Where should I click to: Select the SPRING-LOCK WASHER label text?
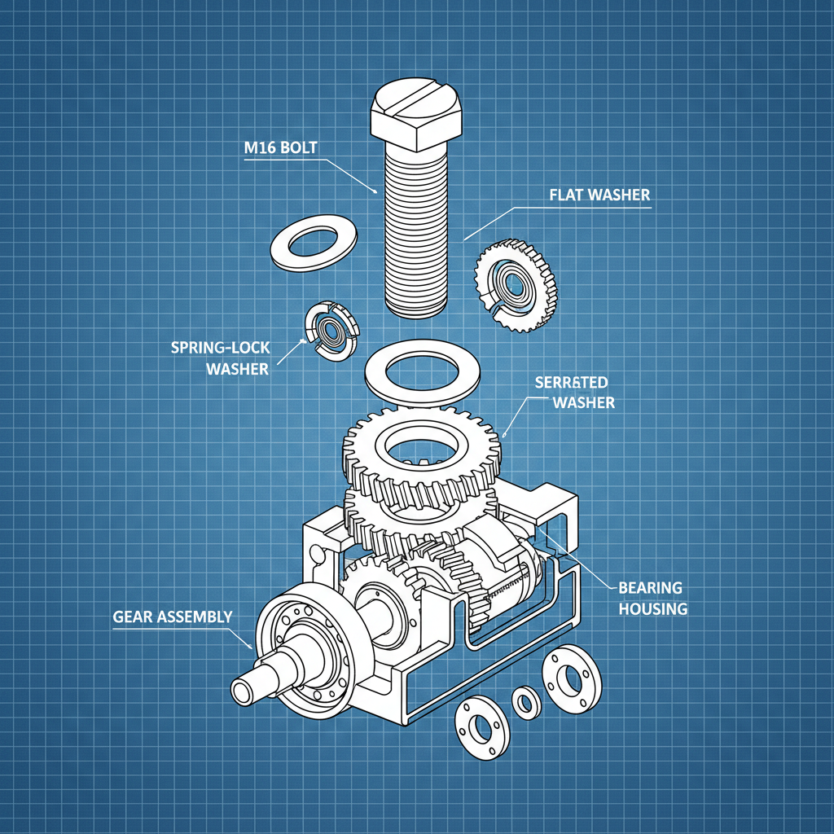[x=219, y=358]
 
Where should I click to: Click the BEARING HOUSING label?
[x=652, y=598]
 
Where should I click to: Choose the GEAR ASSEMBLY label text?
[x=172, y=617]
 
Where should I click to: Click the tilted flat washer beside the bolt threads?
[x=309, y=243]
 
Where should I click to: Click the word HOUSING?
[x=652, y=608]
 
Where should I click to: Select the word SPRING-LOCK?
[x=219, y=347]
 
